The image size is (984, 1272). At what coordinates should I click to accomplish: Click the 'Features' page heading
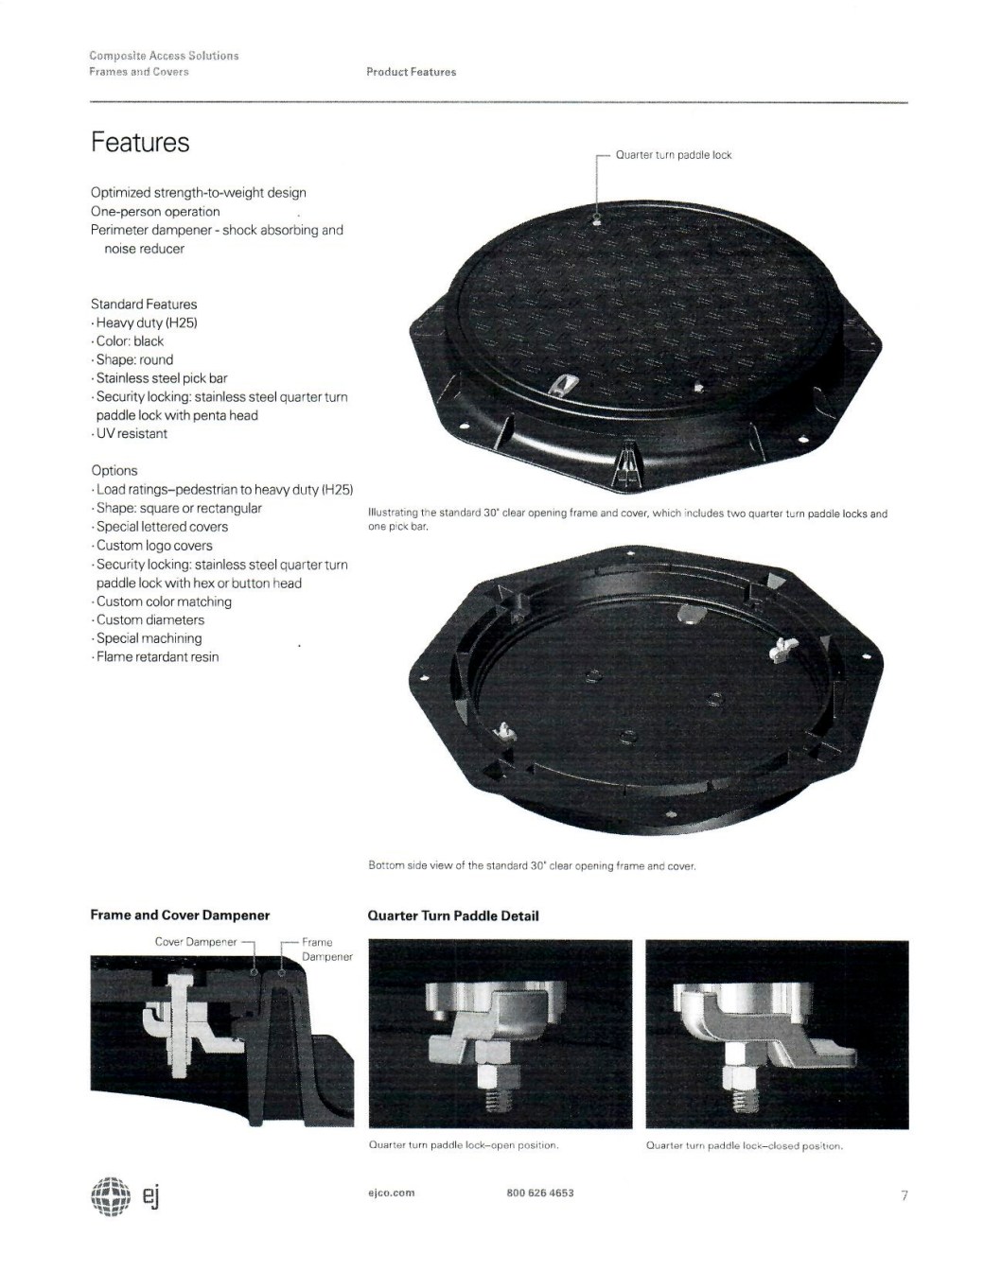140,142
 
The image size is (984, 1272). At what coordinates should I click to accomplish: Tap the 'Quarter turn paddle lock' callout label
673,155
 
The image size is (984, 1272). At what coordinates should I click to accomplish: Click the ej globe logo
111,1196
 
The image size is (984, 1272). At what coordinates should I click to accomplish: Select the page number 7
905,1195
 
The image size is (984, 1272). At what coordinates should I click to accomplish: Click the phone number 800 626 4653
539,1193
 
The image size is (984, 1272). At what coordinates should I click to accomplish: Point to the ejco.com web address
392,1193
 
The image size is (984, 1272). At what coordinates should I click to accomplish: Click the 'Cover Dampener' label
196,941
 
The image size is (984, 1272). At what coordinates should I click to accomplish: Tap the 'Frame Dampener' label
326,949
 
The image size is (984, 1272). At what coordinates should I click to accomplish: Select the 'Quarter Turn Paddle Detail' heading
453,916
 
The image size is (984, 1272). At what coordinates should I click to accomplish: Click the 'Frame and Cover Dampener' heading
180,915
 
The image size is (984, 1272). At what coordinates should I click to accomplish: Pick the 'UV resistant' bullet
132,434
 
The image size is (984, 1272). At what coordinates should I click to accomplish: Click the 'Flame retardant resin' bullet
157,656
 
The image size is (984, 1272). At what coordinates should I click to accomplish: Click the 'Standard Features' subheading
144,305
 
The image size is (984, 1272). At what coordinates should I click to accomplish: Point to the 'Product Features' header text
411,72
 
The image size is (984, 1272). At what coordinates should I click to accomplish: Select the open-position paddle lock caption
463,1145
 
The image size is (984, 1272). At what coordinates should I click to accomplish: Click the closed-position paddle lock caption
744,1145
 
